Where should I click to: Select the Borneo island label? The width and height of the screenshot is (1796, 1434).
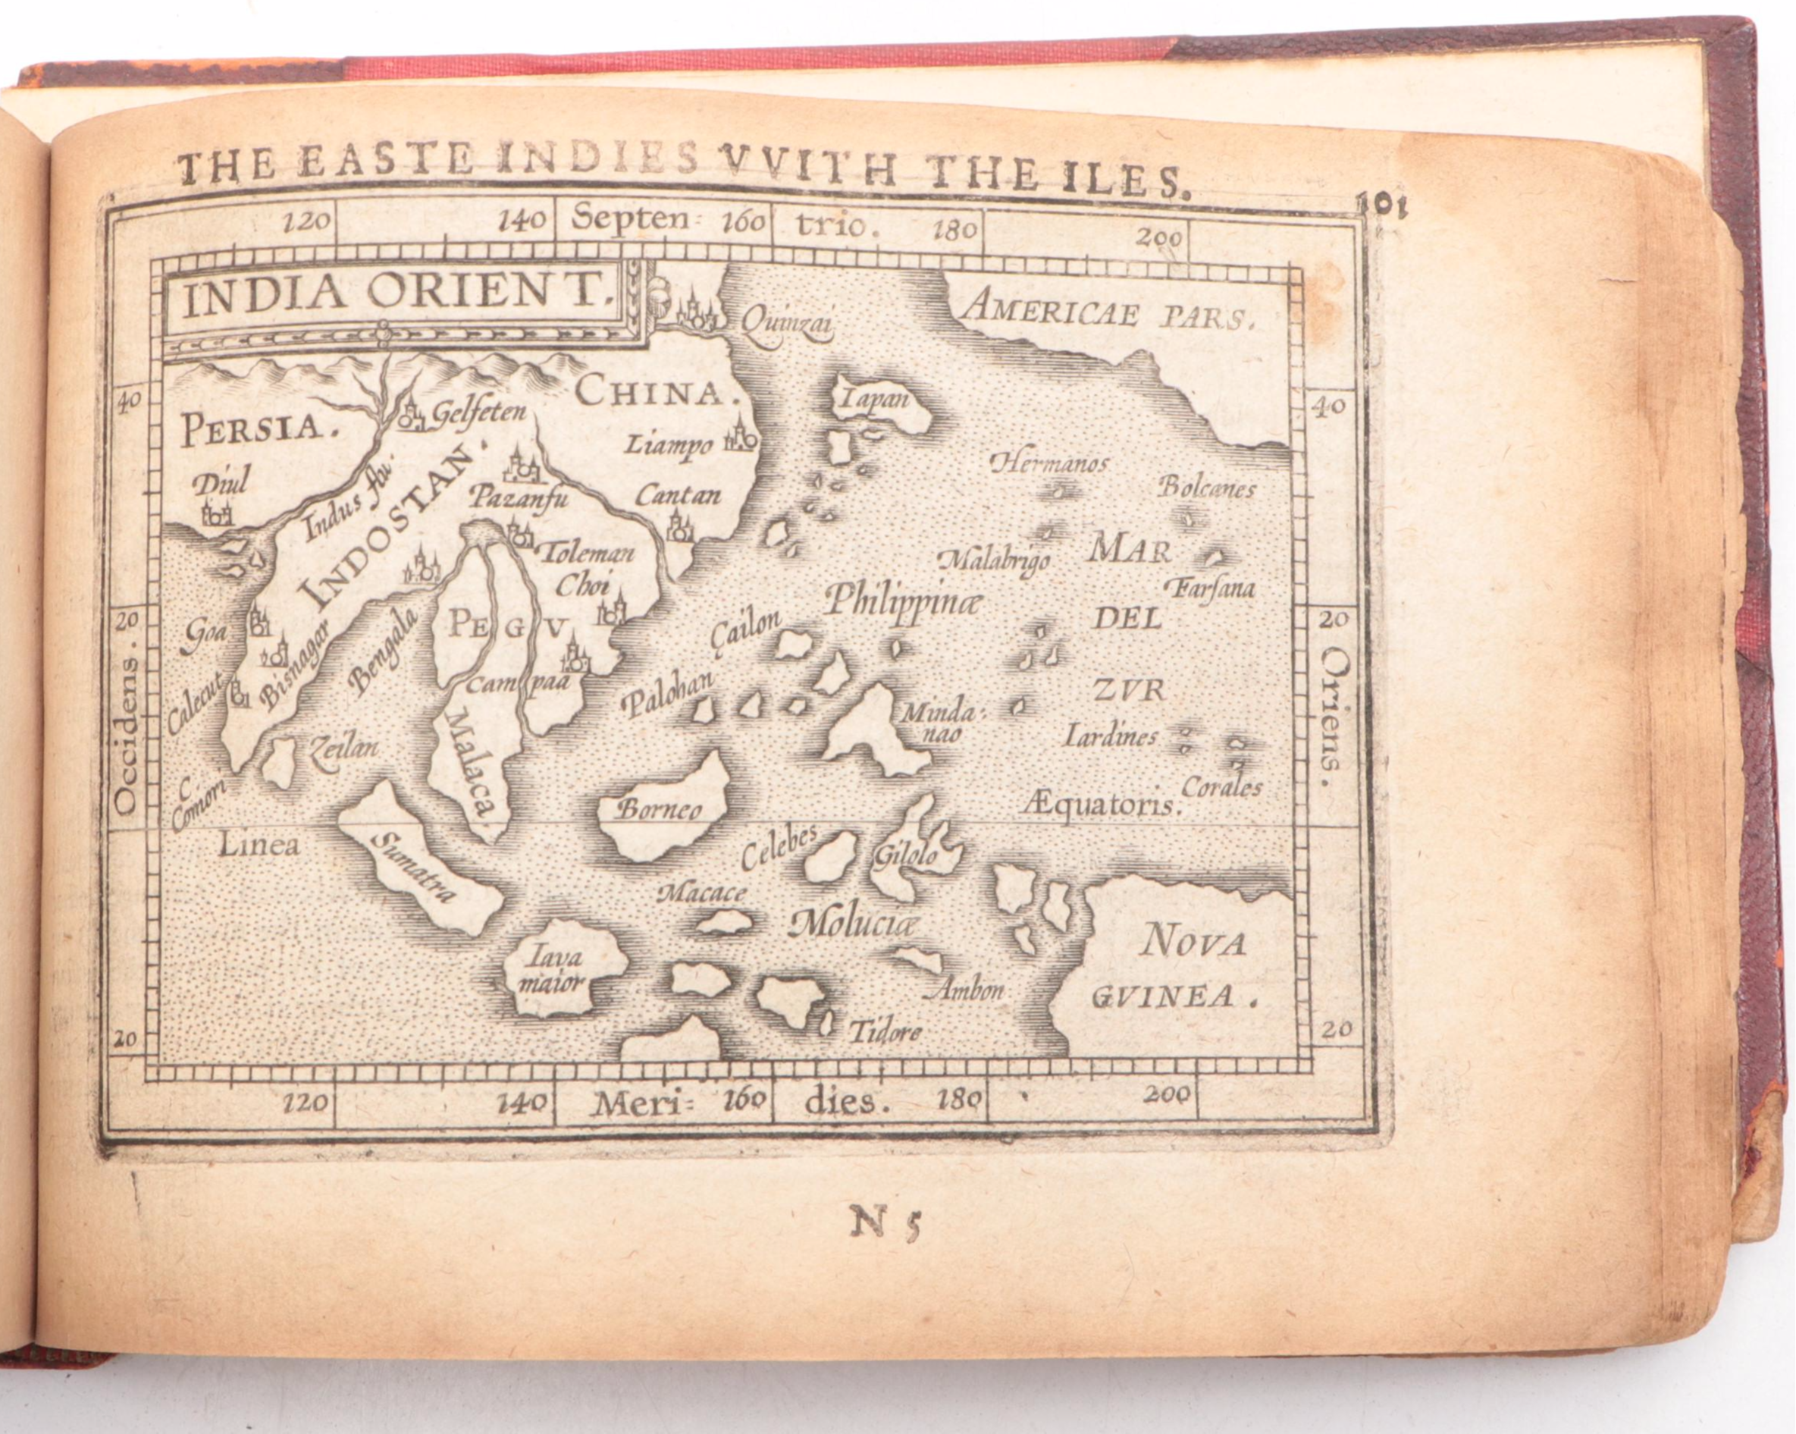pos(660,808)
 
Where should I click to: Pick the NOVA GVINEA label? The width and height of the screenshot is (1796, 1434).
pos(1191,968)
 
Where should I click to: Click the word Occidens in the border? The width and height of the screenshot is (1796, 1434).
pos(126,733)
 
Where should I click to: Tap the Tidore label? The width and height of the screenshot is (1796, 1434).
pos(885,1032)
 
